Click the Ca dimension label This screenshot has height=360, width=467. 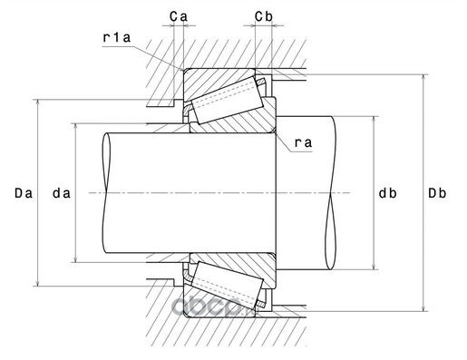(x=179, y=16)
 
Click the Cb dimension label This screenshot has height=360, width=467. (x=264, y=16)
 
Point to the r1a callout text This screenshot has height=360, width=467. (x=117, y=37)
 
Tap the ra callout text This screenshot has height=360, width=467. (x=303, y=142)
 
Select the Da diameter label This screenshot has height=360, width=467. (x=24, y=193)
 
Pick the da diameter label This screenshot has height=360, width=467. (x=62, y=193)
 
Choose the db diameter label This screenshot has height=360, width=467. (x=388, y=193)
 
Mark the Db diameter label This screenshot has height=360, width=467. (x=437, y=193)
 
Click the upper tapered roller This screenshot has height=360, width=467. (x=228, y=100)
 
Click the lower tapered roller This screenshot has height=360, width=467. (x=228, y=285)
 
